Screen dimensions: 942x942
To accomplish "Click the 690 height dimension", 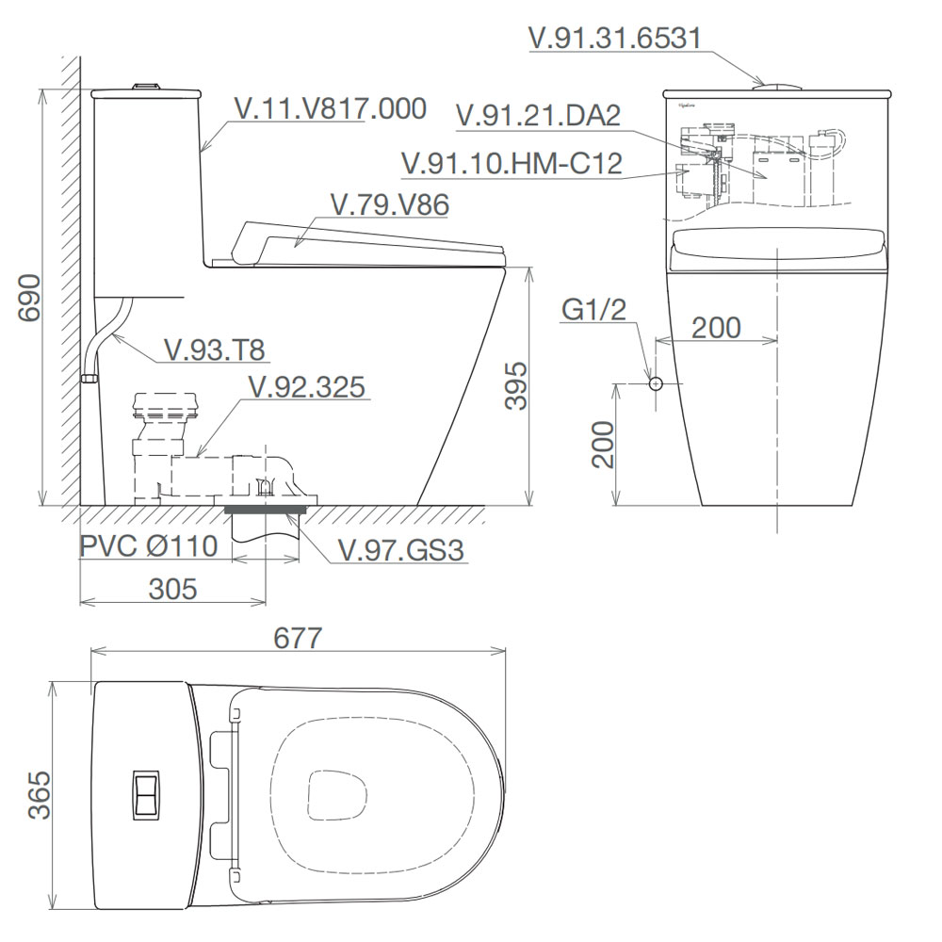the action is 29,298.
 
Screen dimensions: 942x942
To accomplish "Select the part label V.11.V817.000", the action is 331,108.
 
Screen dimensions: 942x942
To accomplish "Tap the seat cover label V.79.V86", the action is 390,204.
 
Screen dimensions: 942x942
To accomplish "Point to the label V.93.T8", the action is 215,349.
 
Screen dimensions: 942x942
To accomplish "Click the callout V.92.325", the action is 307,387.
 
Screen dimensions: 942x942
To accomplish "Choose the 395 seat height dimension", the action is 515,385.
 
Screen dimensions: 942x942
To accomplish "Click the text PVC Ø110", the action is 149,546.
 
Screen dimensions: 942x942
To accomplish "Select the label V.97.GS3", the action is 401,550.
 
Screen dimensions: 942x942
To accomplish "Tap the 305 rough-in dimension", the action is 173,590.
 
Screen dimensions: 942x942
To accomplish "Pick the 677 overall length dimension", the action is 298,638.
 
